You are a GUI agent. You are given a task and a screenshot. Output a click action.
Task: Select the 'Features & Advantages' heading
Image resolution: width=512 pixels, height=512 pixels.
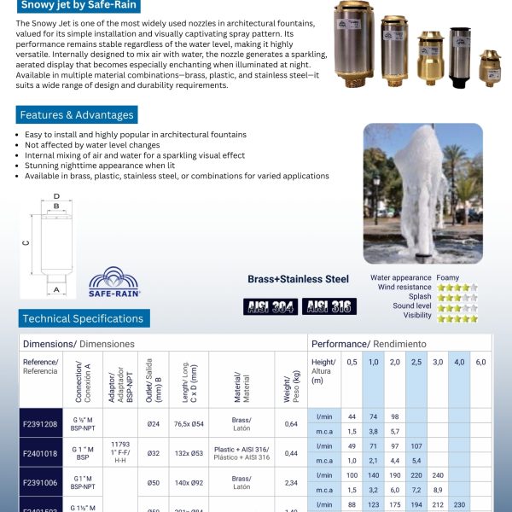pos(76,115)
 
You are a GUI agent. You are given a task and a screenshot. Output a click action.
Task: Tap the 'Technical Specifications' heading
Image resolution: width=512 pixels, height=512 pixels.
pos(84,318)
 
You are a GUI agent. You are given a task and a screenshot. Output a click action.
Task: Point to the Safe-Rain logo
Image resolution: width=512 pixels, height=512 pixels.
pos(114,282)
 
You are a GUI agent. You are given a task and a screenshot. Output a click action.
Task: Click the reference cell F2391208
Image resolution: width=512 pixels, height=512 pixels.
pos(41,424)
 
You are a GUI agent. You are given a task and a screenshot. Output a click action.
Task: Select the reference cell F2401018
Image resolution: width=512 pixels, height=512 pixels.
pos(41,454)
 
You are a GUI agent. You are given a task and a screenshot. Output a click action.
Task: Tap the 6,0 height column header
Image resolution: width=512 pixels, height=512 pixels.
pos(480,362)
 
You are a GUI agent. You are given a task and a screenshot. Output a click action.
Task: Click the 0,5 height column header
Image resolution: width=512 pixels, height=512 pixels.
pos(352,362)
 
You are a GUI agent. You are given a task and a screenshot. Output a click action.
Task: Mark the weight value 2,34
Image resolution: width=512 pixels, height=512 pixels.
pos(291,482)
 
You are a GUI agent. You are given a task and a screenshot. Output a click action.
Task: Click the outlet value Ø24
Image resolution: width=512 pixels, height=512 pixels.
pos(154,424)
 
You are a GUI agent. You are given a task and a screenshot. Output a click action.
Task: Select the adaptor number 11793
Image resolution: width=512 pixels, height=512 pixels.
pos(119,444)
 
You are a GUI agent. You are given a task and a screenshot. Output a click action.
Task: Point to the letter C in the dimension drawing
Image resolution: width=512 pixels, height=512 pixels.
pos(26,242)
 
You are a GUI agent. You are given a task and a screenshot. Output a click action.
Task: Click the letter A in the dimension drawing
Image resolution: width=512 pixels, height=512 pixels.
pos(56,289)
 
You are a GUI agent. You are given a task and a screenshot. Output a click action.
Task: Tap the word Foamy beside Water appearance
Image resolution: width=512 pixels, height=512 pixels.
pos(448,277)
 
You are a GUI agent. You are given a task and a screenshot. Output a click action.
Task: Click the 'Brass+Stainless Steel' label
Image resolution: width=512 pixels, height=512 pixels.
pos(298,278)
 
